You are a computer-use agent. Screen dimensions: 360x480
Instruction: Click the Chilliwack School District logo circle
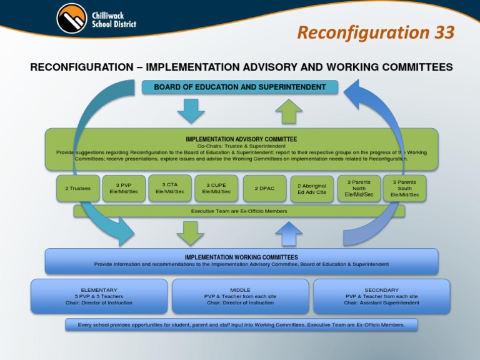pos(71,19)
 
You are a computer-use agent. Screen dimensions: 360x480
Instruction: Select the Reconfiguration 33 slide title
pos(376,32)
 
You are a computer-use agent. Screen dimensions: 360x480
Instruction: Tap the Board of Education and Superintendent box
pos(240,87)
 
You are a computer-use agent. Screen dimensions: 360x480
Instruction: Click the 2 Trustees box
pos(78,188)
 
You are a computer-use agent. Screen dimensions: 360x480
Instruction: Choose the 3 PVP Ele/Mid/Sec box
pos(124,188)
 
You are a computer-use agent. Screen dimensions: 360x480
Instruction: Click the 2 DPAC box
pos(265,188)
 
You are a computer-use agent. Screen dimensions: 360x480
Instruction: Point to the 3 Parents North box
pos(359,188)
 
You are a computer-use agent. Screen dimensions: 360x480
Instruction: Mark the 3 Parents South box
pos(404,188)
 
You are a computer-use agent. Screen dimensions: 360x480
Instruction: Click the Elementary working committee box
pos(99,296)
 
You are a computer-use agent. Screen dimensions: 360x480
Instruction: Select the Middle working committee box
pos(240,296)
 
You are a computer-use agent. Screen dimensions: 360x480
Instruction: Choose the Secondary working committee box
pos(381,296)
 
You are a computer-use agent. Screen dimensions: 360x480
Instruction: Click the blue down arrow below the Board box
pos(191,111)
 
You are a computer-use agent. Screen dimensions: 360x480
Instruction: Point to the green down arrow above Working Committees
pos(191,233)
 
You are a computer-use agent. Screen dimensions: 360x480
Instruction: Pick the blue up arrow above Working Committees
pos(289,234)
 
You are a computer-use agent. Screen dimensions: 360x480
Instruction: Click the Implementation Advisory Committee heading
pos(241,139)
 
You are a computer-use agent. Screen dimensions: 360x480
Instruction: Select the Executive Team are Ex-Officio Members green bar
pos(239,211)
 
